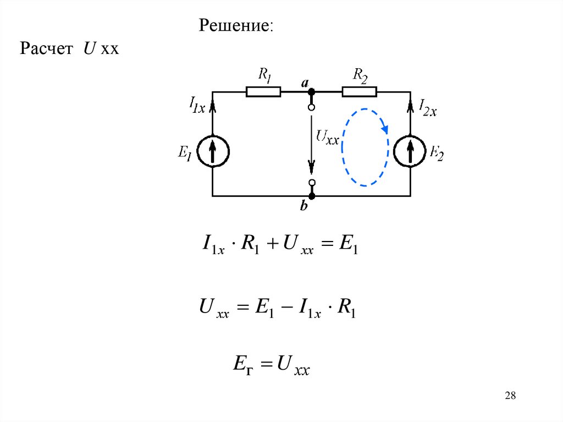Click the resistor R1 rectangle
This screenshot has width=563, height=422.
point(263,91)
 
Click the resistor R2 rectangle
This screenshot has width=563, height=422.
point(359,91)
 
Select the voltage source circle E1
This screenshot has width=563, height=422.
point(213,151)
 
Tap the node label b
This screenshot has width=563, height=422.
point(304,207)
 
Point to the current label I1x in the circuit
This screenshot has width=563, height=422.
point(196,104)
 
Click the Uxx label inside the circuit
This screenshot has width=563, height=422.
point(328,137)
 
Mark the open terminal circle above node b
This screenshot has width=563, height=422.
point(312,182)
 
